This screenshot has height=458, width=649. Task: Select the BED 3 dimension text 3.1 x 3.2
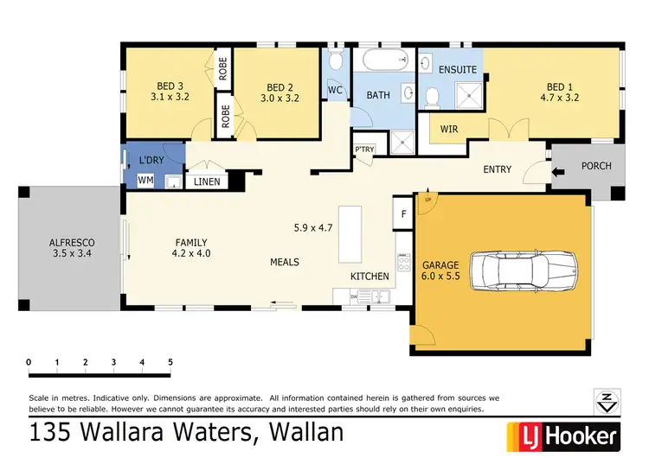(x=170, y=98)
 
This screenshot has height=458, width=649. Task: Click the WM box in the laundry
(x=145, y=180)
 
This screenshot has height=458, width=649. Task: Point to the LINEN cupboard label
(x=206, y=181)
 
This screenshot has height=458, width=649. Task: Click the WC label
(x=335, y=89)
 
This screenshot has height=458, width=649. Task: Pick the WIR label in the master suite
(x=449, y=129)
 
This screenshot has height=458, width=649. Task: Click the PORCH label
(x=596, y=166)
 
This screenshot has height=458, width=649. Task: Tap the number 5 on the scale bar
(x=170, y=361)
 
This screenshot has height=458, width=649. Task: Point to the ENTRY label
(x=497, y=169)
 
